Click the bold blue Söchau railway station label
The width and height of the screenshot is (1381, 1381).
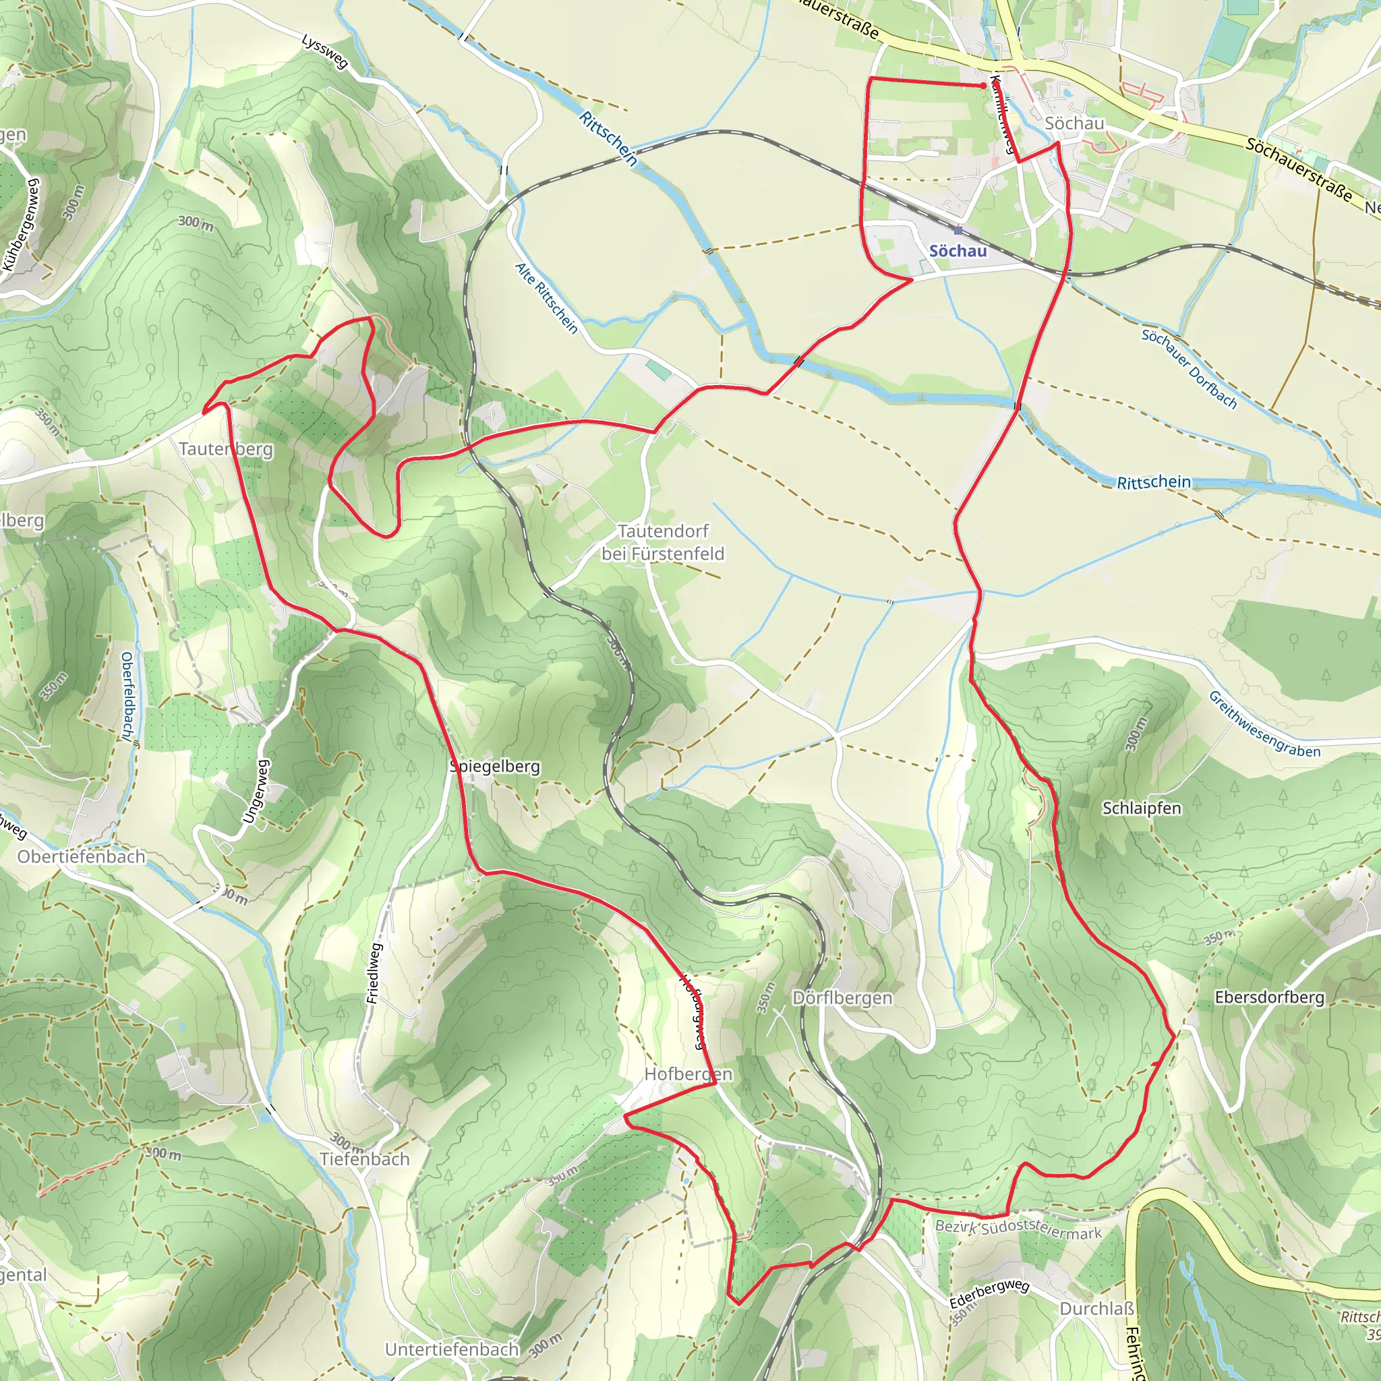coord(957,251)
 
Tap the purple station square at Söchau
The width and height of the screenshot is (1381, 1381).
coord(958,230)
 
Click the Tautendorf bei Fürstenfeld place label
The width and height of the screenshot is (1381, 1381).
coord(663,543)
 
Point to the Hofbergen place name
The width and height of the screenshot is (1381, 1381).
coord(688,1074)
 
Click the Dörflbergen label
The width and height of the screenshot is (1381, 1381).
coord(843,998)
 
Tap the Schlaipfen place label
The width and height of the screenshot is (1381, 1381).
coord(1142,809)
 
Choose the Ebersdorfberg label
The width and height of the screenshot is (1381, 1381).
coord(1270,997)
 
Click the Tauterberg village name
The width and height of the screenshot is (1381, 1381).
coord(226,449)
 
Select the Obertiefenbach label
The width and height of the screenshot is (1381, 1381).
coord(82,856)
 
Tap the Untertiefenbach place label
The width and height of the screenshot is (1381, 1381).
coord(452,1349)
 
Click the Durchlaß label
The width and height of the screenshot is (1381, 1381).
coord(1097,1309)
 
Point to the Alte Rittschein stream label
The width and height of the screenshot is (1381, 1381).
coord(547,297)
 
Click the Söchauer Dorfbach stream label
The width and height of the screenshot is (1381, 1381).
coord(1189,369)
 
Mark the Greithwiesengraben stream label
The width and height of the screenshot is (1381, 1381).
coord(1264,725)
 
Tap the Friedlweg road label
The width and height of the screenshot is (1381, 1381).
coord(374,973)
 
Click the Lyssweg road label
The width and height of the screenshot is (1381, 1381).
coord(324,51)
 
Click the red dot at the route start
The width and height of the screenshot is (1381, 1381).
coord(984,86)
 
